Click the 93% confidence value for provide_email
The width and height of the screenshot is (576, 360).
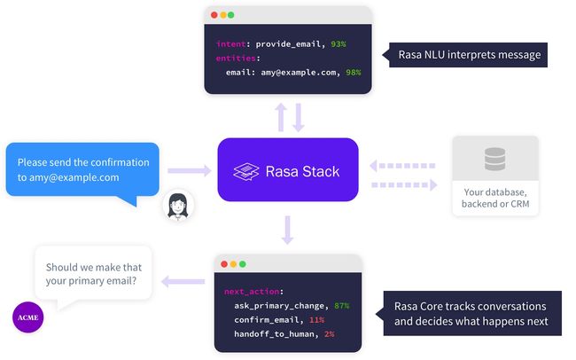coord(338,44)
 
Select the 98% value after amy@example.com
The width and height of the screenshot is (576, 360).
coord(353,73)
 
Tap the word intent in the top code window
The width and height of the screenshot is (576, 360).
coord(230,44)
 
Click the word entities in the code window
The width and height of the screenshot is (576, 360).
coord(236,59)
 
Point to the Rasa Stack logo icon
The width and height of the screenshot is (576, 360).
coord(246,172)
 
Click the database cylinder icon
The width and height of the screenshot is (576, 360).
coord(494,159)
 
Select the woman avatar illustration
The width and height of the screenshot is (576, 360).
coord(178,206)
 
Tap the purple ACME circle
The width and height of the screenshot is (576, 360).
coord(28,317)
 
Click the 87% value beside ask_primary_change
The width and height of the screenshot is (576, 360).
coord(342,306)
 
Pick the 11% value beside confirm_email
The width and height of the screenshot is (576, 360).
coord(316,320)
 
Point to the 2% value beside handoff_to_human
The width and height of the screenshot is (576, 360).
coord(329,334)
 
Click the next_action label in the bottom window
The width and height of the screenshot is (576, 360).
coord(252,292)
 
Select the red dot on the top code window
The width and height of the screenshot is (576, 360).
coord(214,15)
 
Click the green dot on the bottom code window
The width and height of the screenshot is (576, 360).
coord(243,264)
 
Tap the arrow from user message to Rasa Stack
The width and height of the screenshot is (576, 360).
coord(190,170)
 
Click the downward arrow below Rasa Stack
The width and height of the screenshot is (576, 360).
coord(287,231)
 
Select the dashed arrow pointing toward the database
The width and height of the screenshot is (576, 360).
coord(404,185)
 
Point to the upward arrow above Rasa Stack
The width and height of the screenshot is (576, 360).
coord(281,117)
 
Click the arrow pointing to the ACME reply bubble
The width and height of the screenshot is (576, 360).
coord(183,282)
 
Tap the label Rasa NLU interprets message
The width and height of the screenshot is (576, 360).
coord(470,55)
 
